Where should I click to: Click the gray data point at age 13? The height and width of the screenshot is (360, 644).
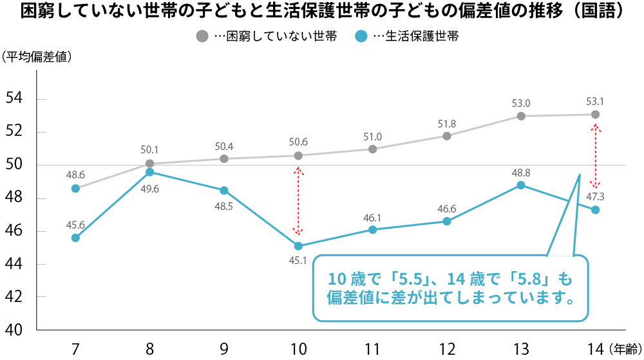(x=521, y=116)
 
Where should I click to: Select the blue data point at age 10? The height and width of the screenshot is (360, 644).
(x=298, y=246)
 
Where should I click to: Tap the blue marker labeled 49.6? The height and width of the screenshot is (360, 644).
(x=149, y=172)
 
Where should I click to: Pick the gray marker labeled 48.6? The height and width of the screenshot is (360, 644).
(x=75, y=189)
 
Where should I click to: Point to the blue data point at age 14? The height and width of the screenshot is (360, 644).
(x=595, y=210)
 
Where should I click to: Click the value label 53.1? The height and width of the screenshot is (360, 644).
(x=595, y=101)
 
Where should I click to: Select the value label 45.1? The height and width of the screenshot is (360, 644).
(x=298, y=261)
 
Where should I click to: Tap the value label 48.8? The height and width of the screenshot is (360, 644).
(x=521, y=173)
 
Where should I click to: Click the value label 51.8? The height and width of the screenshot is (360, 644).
(x=446, y=124)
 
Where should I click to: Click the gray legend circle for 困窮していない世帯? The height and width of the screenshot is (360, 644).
(x=202, y=37)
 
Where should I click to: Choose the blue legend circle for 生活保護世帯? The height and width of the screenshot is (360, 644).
(x=361, y=37)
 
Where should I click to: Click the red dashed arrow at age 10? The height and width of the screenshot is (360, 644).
(x=298, y=201)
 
